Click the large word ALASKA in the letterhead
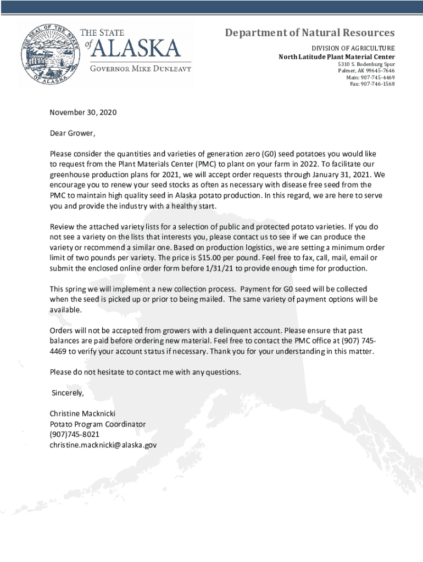(136, 49)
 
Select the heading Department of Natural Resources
(310, 33)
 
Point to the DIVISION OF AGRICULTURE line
(353, 48)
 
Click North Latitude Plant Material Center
(336, 57)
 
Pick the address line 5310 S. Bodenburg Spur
(366, 64)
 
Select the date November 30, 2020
(84, 113)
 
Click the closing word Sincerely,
(68, 393)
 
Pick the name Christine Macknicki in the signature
(82, 413)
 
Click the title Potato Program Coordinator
(98, 424)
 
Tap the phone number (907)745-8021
(75, 434)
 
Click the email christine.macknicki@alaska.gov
(103, 445)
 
